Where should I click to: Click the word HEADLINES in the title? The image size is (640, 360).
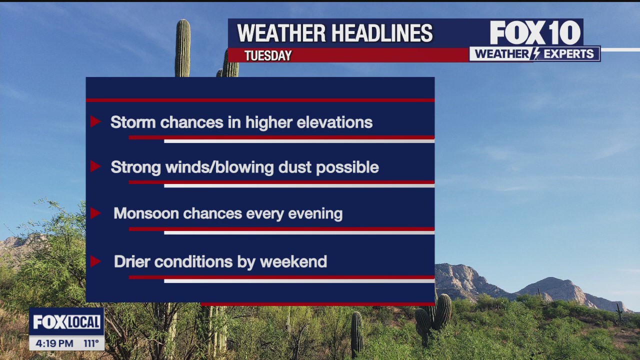tap(382, 34)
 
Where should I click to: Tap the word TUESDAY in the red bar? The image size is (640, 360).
tap(268, 55)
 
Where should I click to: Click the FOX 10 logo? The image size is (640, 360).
tap(534, 33)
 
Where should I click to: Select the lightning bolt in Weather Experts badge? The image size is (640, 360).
tap(535, 54)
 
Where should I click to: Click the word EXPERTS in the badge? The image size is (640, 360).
tap(568, 54)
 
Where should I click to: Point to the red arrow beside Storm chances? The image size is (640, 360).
tap(95, 121)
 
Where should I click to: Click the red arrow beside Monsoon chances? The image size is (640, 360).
tap(95, 213)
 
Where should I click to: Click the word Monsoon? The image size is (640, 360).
tap(146, 213)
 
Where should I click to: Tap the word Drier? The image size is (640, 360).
tap(132, 261)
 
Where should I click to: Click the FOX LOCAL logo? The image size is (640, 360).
tap(66, 322)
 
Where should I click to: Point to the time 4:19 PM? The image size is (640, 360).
tap(52, 343)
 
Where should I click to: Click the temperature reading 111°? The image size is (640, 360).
tap(90, 343)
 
